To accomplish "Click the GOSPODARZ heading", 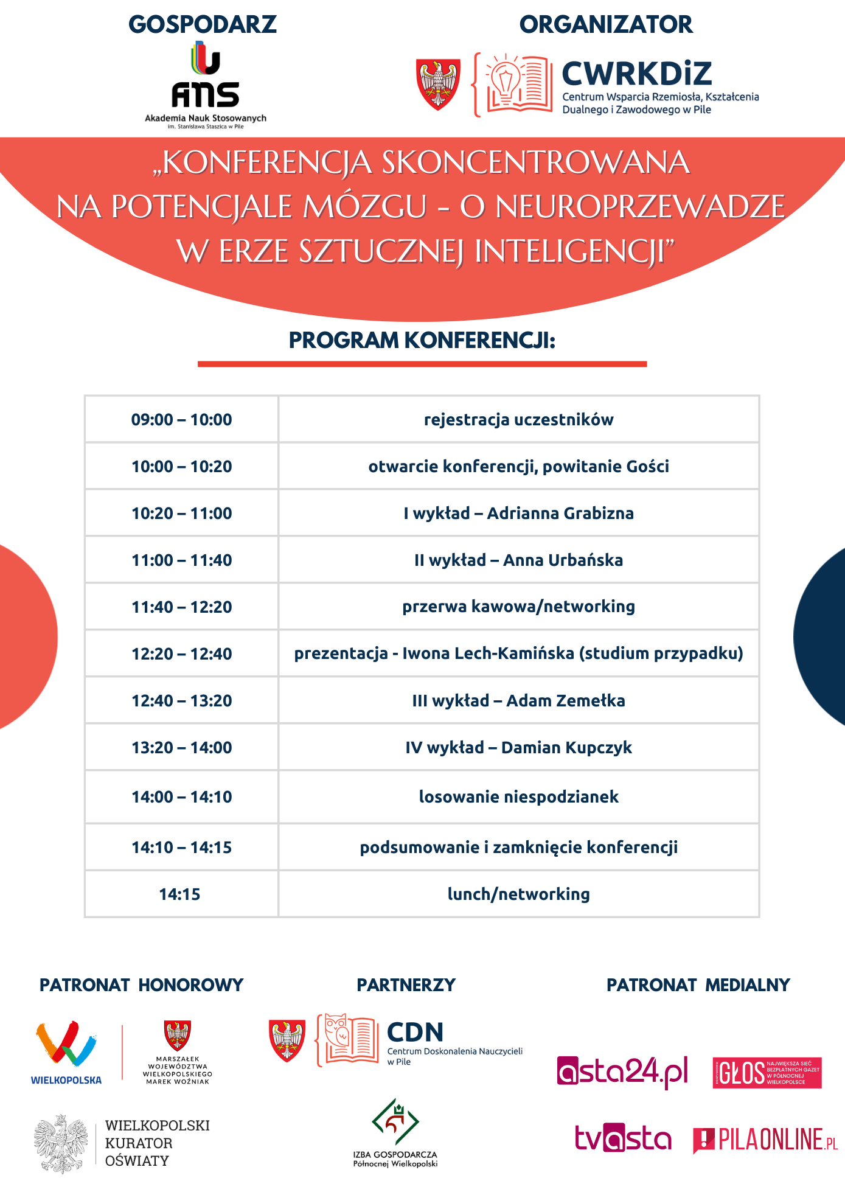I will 203,24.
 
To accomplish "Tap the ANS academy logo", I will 206,76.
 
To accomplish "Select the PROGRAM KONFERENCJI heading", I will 422,341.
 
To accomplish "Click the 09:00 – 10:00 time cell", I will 181,420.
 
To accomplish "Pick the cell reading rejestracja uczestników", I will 518,420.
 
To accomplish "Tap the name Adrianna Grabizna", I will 560,514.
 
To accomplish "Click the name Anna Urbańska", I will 563,560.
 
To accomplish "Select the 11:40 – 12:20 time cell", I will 181,607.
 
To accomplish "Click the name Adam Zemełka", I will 565,701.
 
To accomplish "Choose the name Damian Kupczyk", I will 566,748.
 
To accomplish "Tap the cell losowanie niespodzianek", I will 518,797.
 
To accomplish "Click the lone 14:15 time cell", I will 179,894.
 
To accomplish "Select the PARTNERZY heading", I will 406,985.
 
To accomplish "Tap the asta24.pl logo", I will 622,1072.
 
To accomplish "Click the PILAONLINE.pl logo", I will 765,1140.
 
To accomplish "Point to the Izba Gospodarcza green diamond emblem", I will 395,1121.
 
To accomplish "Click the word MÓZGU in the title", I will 365,207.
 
